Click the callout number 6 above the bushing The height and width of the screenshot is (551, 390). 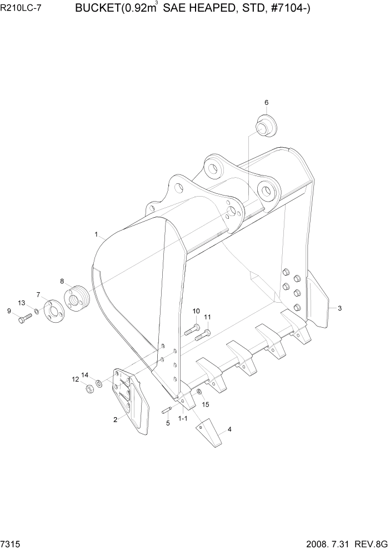coord(266,102)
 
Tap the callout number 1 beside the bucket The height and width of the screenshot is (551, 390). coord(96,235)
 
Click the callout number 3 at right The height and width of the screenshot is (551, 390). coord(339,308)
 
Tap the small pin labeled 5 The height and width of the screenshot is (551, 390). coord(166,411)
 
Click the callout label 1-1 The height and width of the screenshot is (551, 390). coord(182,417)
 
